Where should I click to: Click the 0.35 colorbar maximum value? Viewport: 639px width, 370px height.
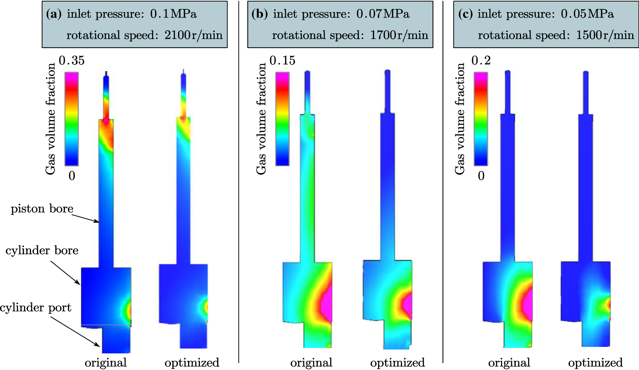71,61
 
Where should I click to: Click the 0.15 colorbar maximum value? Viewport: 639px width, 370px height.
282,61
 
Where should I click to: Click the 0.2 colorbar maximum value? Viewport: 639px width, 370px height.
481,61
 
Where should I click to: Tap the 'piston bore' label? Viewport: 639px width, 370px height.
42,209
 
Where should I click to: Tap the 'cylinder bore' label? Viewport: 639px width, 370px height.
42,250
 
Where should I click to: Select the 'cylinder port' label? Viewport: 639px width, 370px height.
35,308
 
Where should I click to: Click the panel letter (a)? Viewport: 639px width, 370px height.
54,14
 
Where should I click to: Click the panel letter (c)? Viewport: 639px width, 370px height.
466,14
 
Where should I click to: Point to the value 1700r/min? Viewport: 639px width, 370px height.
399,35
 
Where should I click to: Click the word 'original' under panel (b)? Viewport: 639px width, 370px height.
311,363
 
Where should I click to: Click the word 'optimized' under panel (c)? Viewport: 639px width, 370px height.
595,363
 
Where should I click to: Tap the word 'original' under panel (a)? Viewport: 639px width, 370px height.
106,363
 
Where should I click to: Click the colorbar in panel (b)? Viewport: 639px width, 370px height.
282,119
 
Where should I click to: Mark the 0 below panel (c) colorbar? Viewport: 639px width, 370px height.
481,176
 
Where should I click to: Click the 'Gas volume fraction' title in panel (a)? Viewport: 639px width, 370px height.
51,119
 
